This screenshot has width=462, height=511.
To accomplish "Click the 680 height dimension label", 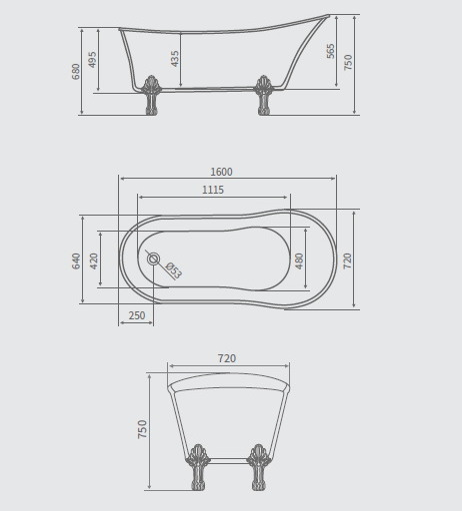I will point(76,71).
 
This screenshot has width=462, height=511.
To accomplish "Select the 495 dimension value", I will point(93,59).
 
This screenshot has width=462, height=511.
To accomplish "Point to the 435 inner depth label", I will point(175,59).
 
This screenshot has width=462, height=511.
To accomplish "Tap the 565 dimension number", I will point(331,51).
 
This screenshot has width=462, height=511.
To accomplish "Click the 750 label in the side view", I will point(348,62).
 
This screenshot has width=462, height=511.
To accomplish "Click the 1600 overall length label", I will point(221,173).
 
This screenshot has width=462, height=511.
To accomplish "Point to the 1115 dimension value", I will point(213,190).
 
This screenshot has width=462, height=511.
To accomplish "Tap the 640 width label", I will point(76,260).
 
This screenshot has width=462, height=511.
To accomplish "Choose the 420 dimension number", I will point(94,260).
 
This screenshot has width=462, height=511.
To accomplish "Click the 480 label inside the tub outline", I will point(299,260).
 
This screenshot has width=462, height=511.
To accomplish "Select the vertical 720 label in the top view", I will point(348,260).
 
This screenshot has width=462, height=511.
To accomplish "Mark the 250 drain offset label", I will point(136,316).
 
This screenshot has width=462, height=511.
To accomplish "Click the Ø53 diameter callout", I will point(172,270).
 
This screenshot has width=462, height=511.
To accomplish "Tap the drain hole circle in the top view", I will point(153,259).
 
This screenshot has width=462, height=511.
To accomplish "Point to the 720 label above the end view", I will point(227,358).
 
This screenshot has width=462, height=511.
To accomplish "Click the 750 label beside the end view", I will point(142,429).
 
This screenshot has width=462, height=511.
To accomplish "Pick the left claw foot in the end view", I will point(198,467).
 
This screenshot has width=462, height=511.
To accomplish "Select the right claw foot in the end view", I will point(259,467).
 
